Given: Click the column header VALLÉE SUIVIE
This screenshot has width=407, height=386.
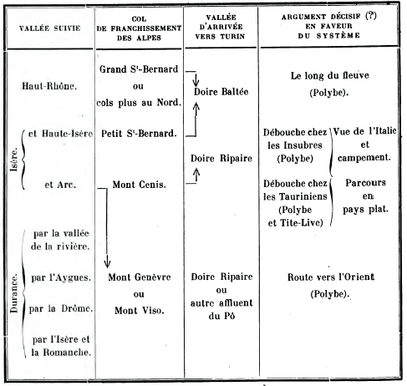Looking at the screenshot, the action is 50,28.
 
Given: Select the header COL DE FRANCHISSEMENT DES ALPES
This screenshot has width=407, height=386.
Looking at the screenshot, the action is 139,28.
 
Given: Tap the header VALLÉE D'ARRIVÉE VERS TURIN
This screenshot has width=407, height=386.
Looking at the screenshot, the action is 220,27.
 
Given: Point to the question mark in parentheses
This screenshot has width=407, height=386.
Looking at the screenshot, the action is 371,16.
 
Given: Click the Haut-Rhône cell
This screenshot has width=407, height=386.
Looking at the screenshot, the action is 49,86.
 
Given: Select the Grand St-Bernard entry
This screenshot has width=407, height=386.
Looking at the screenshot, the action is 139,69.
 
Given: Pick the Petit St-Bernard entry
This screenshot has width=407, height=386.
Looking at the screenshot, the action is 139,134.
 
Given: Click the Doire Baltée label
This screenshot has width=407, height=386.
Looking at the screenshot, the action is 221,92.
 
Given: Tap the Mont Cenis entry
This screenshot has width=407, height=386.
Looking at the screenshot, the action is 139,185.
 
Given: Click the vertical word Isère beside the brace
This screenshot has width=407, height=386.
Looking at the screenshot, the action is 14,159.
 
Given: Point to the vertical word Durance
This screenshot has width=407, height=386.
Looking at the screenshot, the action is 13,293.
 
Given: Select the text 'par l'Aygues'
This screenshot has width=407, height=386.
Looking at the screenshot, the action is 61,277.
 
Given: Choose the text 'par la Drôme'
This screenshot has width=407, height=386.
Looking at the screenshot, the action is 61,308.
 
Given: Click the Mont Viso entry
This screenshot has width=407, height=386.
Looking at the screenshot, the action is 140,310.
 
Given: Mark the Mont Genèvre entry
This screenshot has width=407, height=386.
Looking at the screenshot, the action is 140,277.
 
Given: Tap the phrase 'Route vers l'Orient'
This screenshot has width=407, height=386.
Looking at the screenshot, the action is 331,277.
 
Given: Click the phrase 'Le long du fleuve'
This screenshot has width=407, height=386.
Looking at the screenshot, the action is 330,75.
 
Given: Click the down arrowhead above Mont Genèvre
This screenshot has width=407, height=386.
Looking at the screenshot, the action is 107,263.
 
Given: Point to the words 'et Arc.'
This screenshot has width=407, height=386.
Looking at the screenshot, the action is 60,185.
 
